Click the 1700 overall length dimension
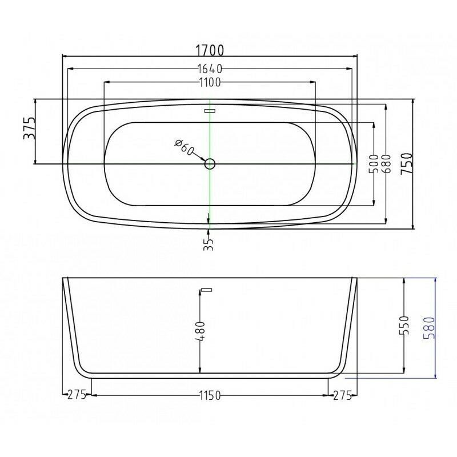click(210, 50)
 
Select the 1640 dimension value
click(210, 69)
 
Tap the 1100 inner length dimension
click(210, 82)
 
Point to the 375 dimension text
click(30, 128)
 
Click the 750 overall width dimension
click(407, 164)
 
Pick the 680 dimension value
click(387, 164)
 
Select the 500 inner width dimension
click(374, 164)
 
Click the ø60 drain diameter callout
click(184, 147)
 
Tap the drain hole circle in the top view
click(210, 164)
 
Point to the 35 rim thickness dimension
click(209, 244)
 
